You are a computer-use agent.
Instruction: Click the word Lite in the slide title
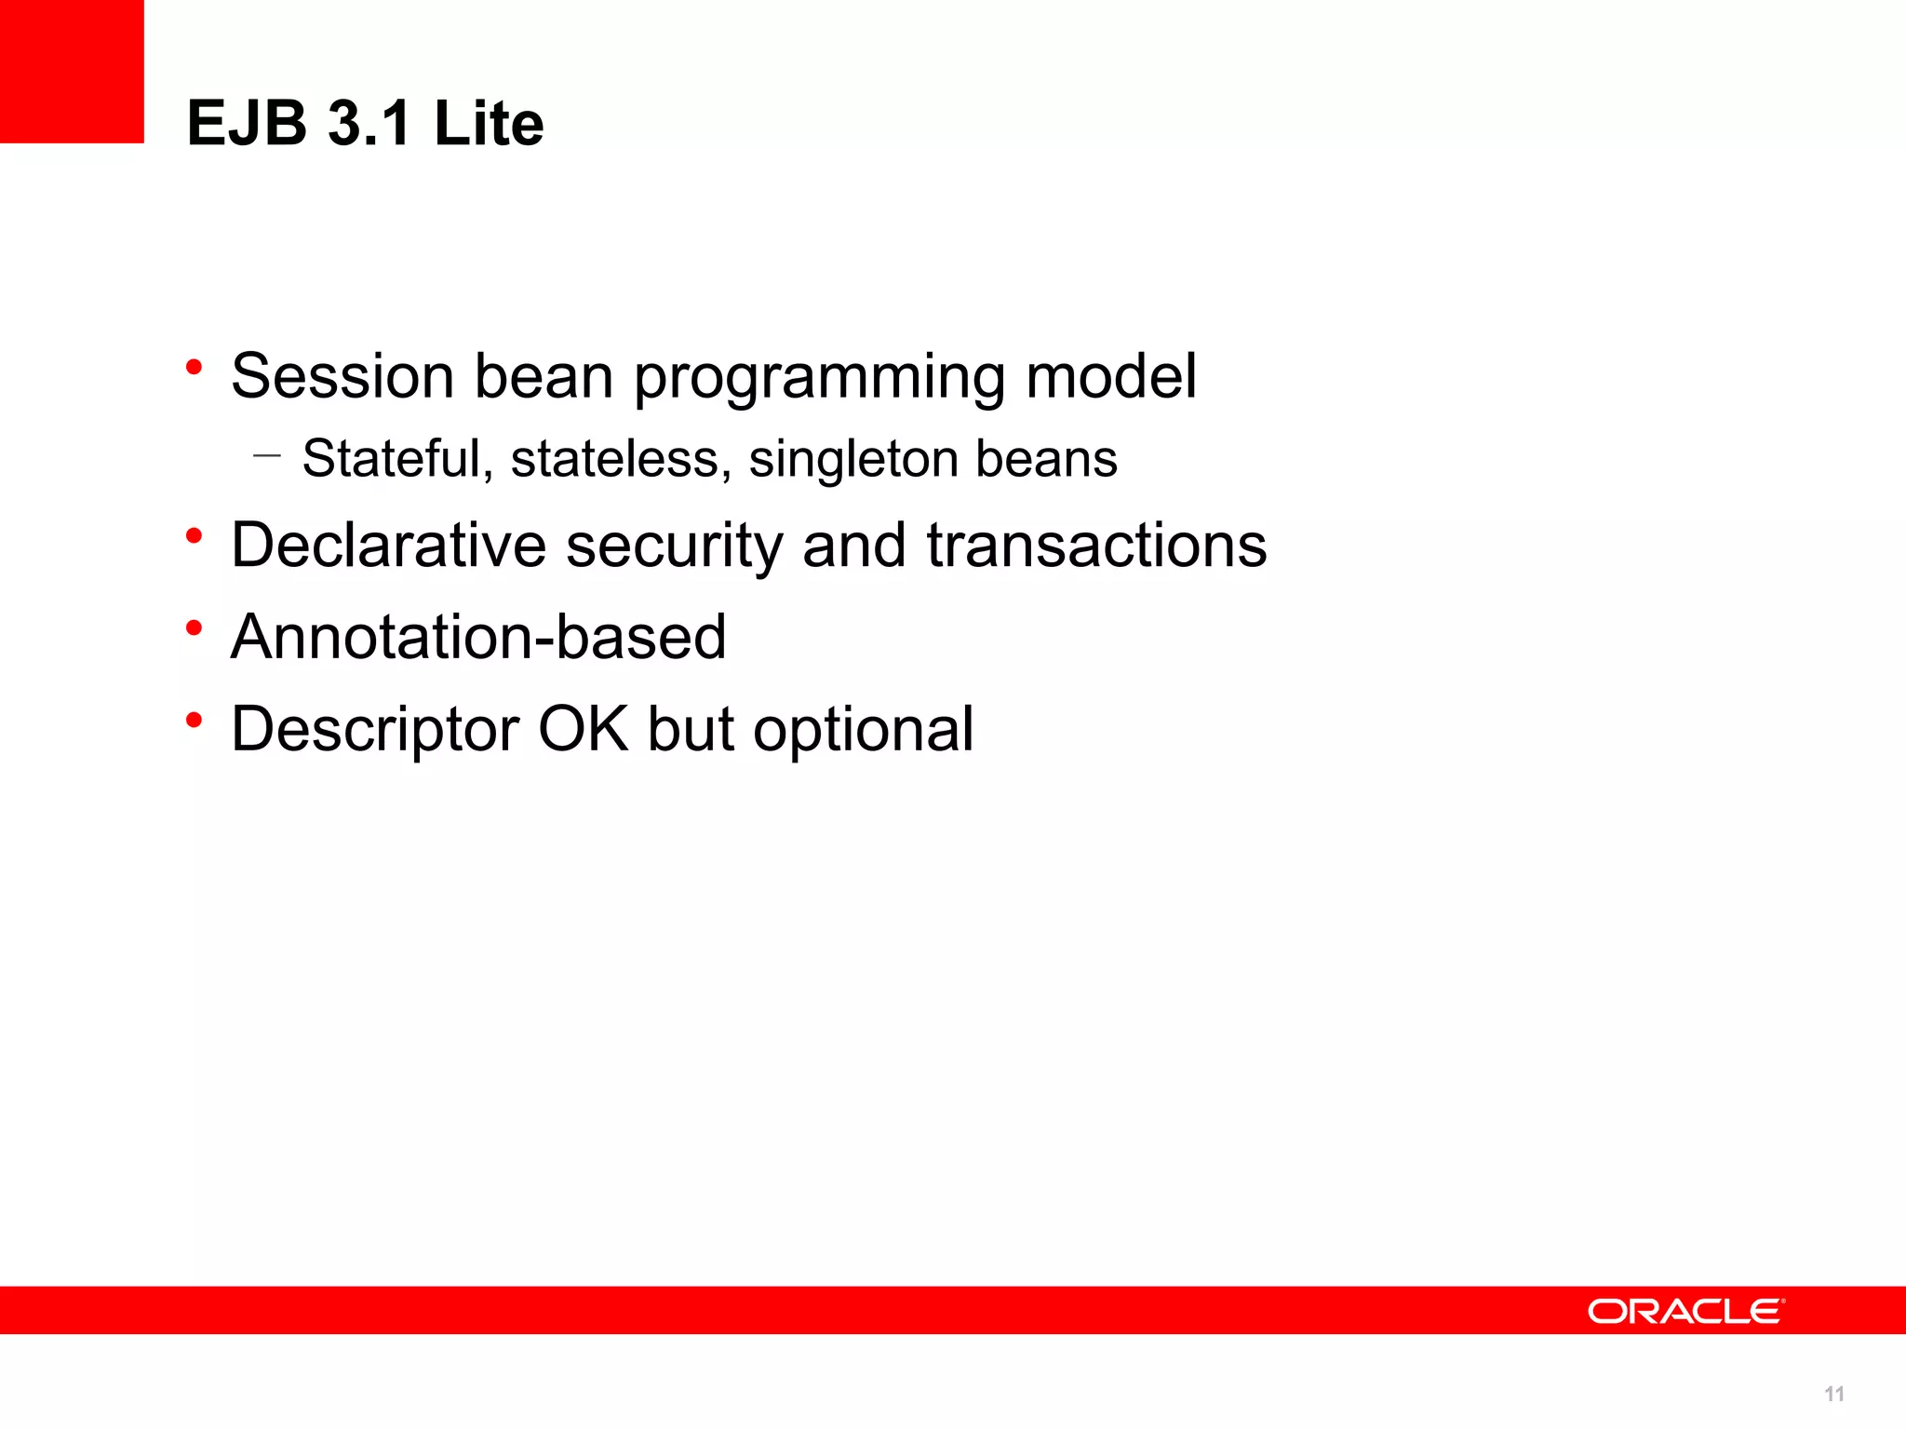[x=489, y=123]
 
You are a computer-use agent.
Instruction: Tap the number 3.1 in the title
[x=369, y=123]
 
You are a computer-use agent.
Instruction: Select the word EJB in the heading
[x=247, y=123]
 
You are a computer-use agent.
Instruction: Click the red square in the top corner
[x=72, y=71]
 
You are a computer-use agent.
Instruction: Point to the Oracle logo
[x=1685, y=1311]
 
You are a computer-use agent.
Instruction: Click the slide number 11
[x=1833, y=1394]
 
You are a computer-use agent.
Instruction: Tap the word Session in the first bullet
[x=342, y=376]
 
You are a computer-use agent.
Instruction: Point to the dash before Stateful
[x=266, y=456]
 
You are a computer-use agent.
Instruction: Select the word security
[x=674, y=546]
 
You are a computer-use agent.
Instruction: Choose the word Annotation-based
[x=478, y=637]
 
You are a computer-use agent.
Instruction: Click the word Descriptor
[x=374, y=730]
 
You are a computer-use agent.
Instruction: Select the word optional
[x=863, y=730]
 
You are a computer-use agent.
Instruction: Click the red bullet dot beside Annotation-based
[x=194, y=628]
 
